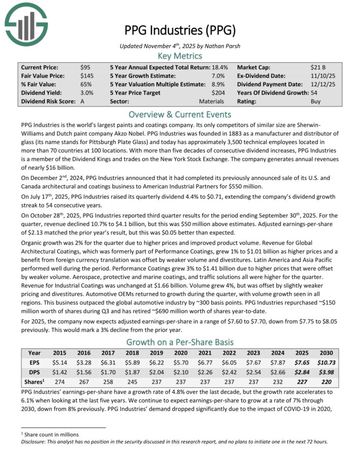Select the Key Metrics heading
[x=180, y=56]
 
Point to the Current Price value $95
[x=85, y=67]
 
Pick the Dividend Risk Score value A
[x=83, y=101]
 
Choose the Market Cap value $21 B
[x=318, y=67]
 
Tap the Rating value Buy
[x=315, y=101]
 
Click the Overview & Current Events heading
[x=180, y=114]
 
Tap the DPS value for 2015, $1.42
[x=60, y=373]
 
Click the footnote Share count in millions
[x=50, y=434]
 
